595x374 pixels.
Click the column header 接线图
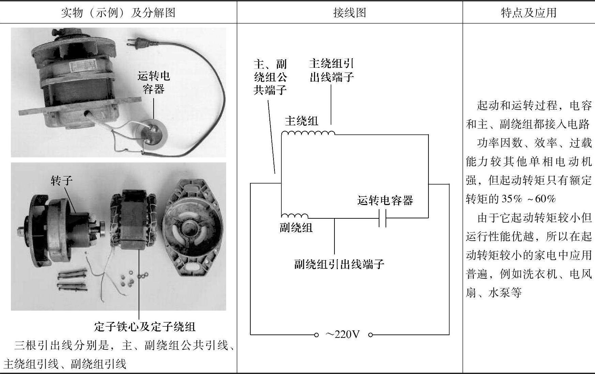tap(349, 13)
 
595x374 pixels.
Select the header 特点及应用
tap(529, 13)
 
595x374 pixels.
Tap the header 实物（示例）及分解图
tap(118, 13)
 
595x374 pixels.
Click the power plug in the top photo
tap(134, 42)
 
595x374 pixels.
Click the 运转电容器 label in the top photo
tap(154, 82)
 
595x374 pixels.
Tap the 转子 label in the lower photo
tap(62, 180)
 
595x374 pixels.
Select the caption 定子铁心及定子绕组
tap(145, 327)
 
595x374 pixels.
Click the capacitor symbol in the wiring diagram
tap(382, 218)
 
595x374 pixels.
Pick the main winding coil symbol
tap(308, 133)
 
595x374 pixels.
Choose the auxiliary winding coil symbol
tap(295, 216)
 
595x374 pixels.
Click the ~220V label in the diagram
tap(343, 335)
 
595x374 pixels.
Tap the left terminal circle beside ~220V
tap(316, 335)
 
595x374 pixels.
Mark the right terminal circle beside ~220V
tap(371, 335)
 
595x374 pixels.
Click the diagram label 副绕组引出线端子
tap(339, 264)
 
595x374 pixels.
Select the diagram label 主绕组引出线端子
tap(331, 70)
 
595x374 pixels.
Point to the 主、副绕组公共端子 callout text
tap(270, 77)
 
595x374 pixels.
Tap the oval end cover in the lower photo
tap(192, 232)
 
